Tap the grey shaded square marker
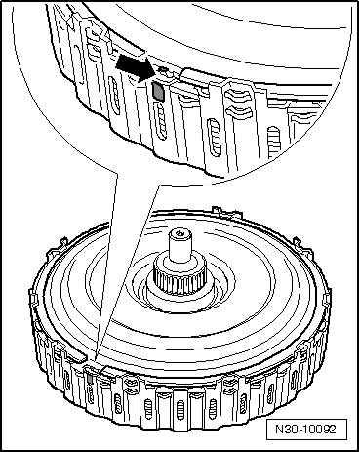(157, 90)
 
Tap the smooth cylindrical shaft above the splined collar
(181, 253)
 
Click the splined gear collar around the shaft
(182, 282)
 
